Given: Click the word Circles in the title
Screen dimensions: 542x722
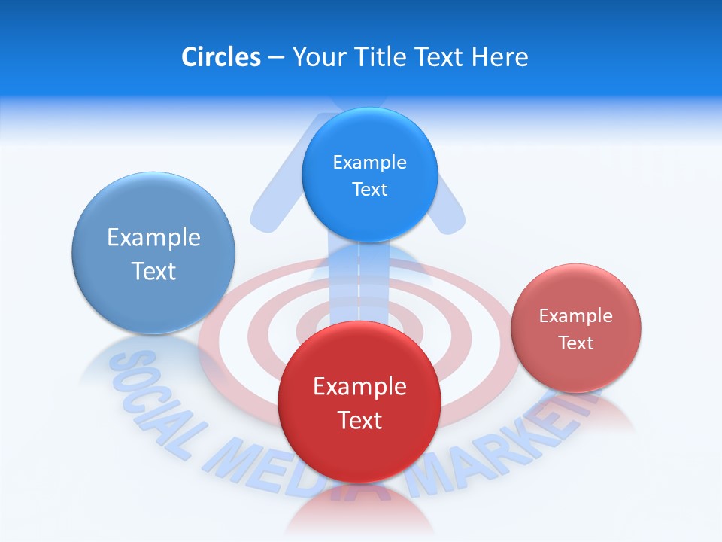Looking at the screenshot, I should tap(220, 57).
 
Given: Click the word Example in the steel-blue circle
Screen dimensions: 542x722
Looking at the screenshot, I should tap(153, 238).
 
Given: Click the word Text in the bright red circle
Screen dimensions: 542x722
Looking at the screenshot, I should tap(359, 420).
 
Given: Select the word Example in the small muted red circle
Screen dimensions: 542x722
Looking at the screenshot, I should tap(575, 316).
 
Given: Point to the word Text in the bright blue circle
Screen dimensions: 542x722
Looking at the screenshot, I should tap(369, 190).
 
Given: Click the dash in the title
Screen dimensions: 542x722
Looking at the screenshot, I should tap(276, 57).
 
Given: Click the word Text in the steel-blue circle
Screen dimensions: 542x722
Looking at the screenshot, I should tap(153, 271).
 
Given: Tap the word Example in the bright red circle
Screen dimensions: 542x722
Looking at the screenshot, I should tap(359, 387).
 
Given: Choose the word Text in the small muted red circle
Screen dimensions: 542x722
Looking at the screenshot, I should tap(575, 343).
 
